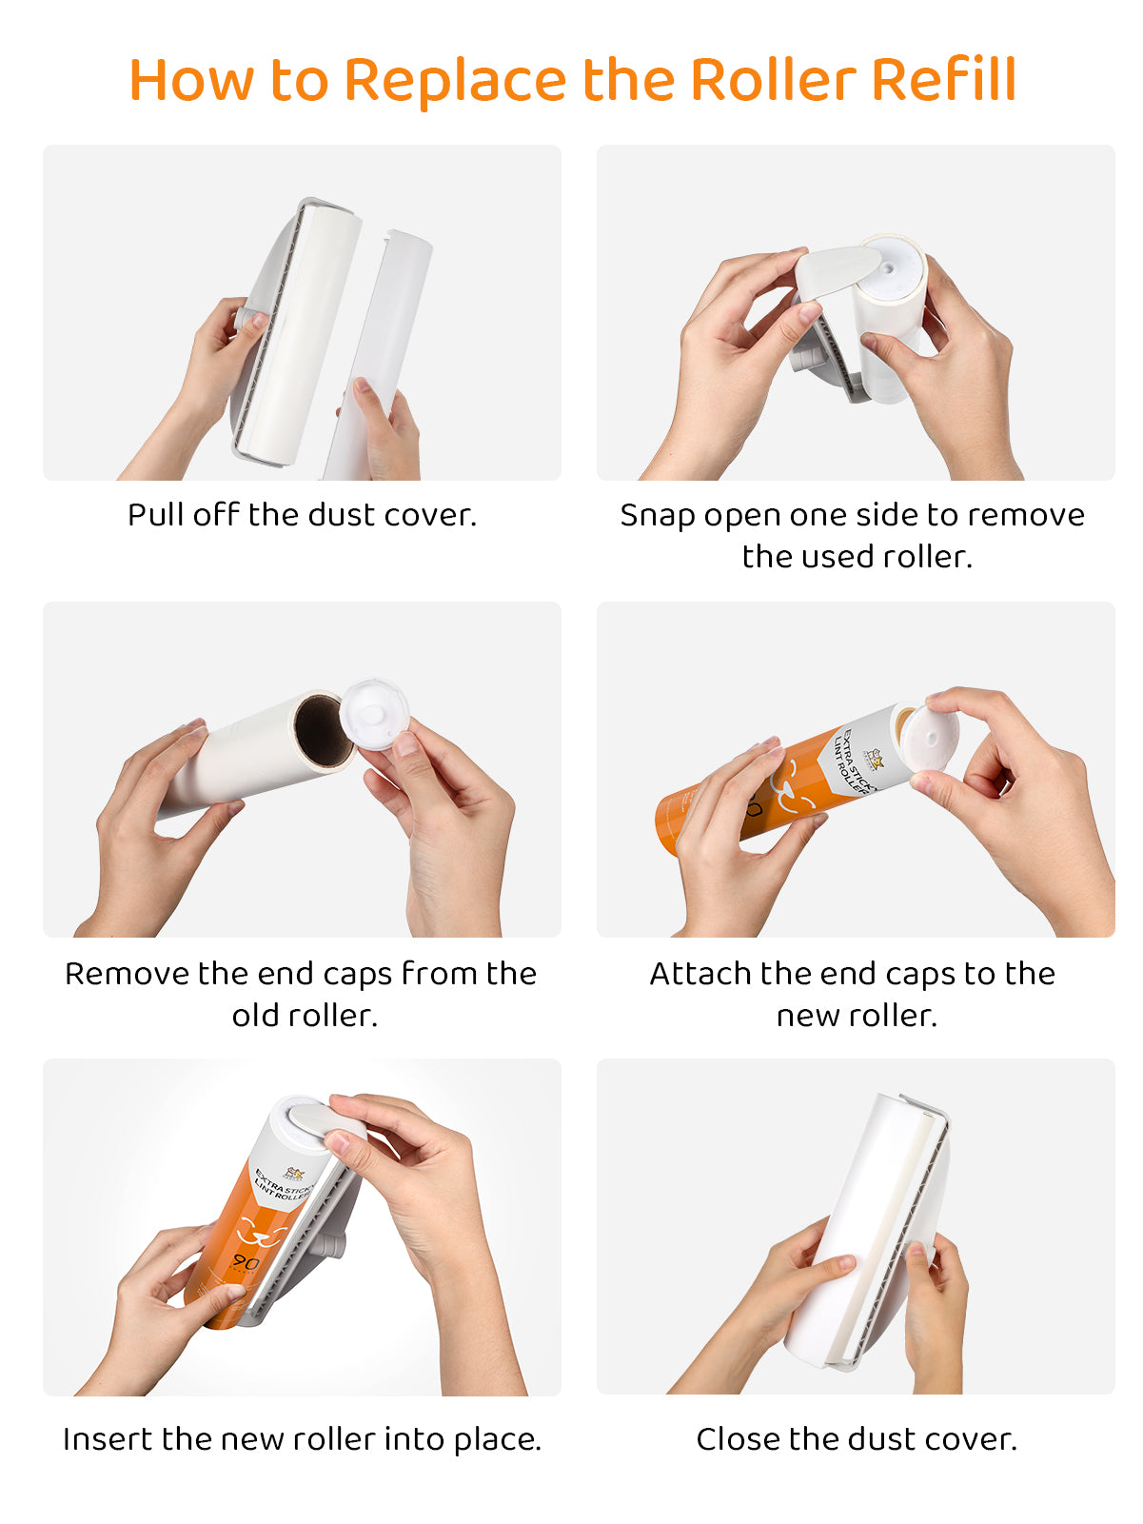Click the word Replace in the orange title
[x=456, y=82]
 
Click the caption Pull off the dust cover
[x=302, y=515]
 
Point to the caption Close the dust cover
[x=857, y=1438]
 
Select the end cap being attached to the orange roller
[x=931, y=738]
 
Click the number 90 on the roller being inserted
[x=245, y=1261]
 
